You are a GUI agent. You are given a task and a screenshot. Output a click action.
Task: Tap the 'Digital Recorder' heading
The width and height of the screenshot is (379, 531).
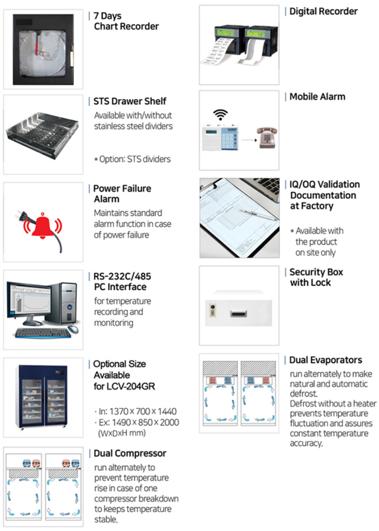323,11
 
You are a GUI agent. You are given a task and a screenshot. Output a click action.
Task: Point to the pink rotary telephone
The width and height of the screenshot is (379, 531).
266,136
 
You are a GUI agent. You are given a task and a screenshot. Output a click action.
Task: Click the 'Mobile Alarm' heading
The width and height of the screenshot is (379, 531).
317,97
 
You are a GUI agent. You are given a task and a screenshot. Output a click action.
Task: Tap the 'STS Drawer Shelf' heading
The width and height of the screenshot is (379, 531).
130,101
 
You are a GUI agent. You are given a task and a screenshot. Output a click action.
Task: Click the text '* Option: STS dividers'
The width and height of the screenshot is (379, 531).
132,159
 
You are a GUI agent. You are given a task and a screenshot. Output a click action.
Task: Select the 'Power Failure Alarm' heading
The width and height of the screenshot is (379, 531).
122,193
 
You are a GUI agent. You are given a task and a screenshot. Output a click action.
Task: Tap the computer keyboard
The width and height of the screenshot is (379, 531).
38,333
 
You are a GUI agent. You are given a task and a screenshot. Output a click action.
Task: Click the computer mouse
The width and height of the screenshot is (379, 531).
73,330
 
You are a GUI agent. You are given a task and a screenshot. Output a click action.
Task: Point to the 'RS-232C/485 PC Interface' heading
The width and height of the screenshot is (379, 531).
122,282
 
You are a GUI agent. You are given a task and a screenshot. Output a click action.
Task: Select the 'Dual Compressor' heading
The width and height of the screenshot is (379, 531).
129,453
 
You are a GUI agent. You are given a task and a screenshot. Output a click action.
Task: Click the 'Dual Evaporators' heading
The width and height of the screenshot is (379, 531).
325,360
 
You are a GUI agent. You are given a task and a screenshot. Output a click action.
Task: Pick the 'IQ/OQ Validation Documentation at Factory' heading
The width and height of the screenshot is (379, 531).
324,195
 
